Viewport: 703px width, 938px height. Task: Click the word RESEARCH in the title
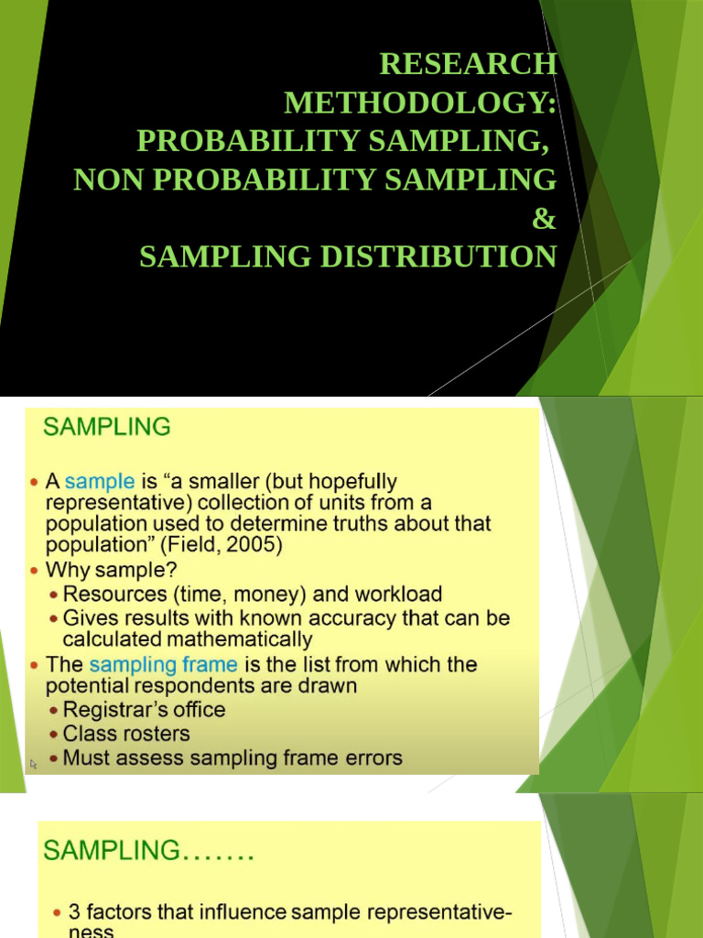pyautogui.click(x=468, y=64)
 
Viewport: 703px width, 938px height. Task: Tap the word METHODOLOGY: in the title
pyautogui.click(x=420, y=103)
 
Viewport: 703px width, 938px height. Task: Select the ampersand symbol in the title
pyautogui.click(x=545, y=218)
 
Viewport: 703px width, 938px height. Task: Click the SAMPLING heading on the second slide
pyautogui.click(x=106, y=426)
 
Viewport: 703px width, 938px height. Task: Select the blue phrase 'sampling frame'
pyautogui.click(x=163, y=664)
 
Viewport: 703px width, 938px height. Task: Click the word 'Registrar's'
pyautogui.click(x=106, y=710)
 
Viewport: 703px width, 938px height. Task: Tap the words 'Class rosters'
pyautogui.click(x=126, y=734)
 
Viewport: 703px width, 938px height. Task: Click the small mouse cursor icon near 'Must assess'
pyautogui.click(x=34, y=763)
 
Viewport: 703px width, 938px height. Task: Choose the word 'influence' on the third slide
pyautogui.click(x=241, y=912)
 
